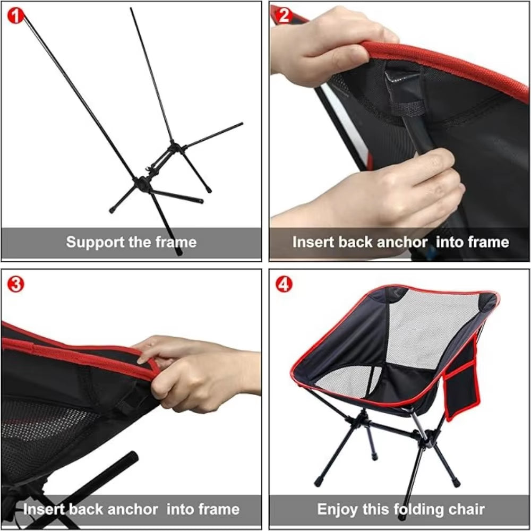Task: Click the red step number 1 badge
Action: pos(15,15)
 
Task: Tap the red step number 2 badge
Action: pos(284,15)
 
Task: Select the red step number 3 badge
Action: pos(15,284)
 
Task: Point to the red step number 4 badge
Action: pos(284,284)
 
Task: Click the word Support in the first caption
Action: pos(95,243)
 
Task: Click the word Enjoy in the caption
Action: pos(337,509)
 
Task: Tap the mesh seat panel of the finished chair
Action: pos(349,383)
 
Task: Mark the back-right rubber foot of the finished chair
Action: pos(374,456)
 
